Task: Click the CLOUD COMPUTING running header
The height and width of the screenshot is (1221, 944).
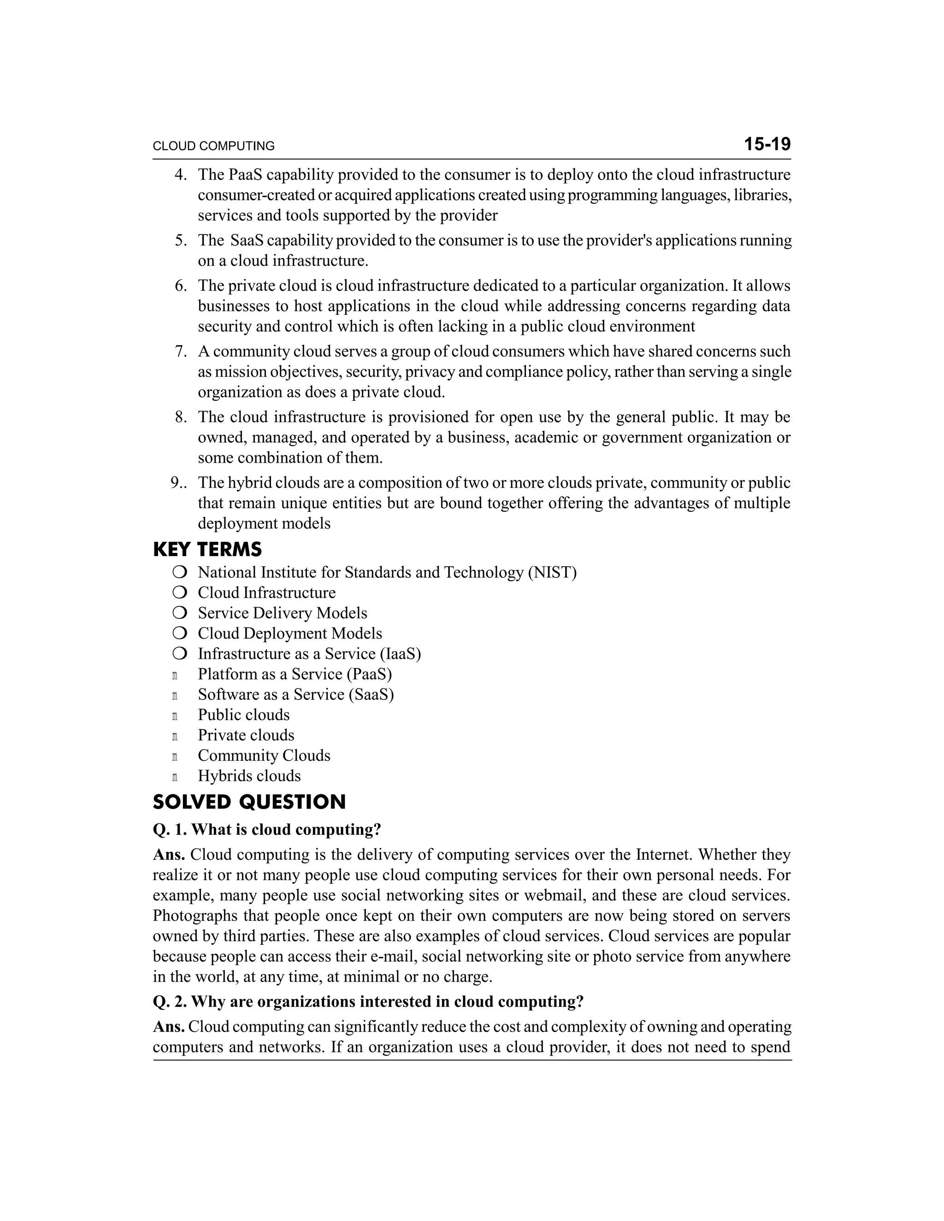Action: click(x=213, y=147)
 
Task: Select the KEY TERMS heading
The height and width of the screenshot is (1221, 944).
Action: click(x=207, y=550)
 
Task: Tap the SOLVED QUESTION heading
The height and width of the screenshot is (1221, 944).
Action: click(x=249, y=802)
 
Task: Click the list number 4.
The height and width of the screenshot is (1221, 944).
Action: click(x=180, y=175)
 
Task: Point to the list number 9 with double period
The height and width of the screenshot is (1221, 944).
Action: click(x=178, y=483)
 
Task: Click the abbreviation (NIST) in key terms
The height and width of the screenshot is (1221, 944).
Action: click(x=552, y=572)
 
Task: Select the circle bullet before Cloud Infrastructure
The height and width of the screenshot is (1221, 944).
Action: click(x=179, y=593)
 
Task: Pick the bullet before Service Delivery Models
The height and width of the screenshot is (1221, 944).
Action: click(x=179, y=613)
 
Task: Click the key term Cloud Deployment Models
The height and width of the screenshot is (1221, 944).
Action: click(x=289, y=634)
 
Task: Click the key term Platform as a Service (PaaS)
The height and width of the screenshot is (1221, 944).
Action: click(x=295, y=674)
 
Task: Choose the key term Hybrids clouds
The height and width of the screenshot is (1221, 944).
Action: click(x=249, y=776)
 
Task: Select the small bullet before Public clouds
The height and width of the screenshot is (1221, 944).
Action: click(x=175, y=716)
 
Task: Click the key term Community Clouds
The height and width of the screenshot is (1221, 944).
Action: click(x=264, y=756)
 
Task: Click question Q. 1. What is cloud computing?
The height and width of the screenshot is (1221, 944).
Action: click(x=267, y=830)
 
